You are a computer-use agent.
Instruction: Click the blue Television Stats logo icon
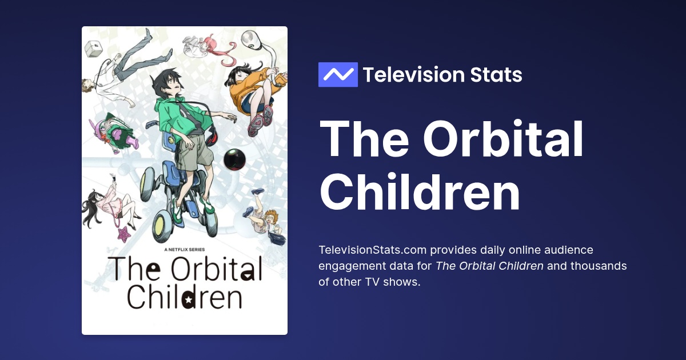[x=338, y=75]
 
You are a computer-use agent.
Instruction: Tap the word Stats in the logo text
[x=496, y=75]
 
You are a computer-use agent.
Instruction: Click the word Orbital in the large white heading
[x=503, y=139]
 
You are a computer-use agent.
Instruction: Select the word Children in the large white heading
[x=419, y=191]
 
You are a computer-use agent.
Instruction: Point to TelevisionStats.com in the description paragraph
[x=372, y=250]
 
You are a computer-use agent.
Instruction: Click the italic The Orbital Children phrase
[x=489, y=266]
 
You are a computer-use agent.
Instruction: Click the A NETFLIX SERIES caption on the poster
[x=184, y=250]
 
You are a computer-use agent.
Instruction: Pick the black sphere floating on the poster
[x=234, y=159]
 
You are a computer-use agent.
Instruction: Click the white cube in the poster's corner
[x=94, y=49]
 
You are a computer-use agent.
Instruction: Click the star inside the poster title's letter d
[x=189, y=300]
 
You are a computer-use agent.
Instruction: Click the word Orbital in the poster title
[x=216, y=269]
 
